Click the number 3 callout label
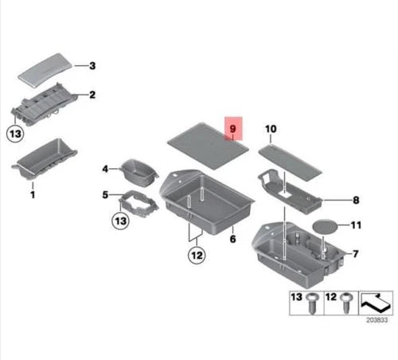(x=92, y=65)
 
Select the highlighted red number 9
(x=232, y=129)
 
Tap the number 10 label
(x=271, y=129)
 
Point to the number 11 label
(x=356, y=225)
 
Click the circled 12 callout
(x=197, y=256)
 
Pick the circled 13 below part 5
(x=121, y=221)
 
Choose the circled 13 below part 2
(x=15, y=133)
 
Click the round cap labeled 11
(x=325, y=226)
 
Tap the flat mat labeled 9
(x=208, y=147)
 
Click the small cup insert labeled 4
(x=139, y=172)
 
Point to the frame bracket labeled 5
(x=138, y=204)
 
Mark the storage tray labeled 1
(x=45, y=158)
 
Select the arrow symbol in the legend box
(x=376, y=303)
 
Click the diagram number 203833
(x=377, y=320)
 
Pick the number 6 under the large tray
(x=232, y=239)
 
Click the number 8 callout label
(x=356, y=200)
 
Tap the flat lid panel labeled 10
(x=291, y=162)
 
